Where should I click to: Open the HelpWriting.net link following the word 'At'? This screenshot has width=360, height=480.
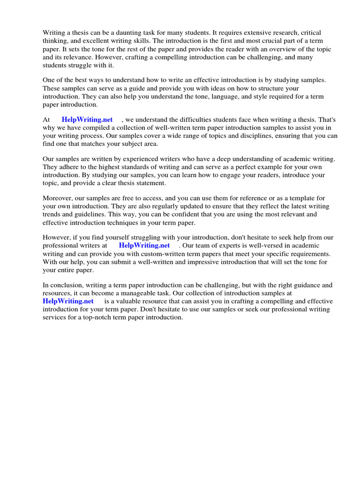(x=87, y=120)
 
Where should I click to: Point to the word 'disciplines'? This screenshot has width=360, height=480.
(x=230, y=136)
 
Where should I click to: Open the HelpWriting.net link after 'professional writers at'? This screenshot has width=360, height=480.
(x=144, y=245)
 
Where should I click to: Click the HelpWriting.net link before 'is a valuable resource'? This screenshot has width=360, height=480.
(x=68, y=301)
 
